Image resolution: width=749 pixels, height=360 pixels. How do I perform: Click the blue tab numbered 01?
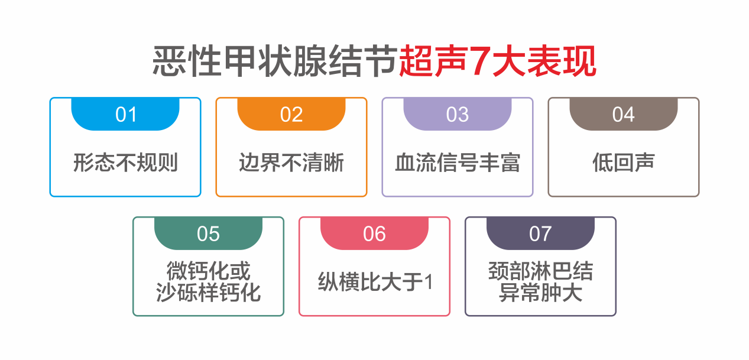point(125,114)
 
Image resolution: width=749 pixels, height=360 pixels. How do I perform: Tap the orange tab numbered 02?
point(291,114)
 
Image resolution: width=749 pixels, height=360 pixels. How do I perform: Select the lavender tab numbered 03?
point(458,114)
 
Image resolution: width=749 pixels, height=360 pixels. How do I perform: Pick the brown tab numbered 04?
point(624,114)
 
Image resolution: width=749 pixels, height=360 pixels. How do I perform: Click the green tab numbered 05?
point(208,233)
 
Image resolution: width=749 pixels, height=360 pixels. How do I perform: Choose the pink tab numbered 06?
point(375,233)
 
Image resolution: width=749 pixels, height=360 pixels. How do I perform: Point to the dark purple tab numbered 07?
point(540,233)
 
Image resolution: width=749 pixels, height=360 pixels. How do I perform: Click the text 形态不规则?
point(125,163)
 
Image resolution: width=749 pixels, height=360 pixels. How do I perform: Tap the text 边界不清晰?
point(291,163)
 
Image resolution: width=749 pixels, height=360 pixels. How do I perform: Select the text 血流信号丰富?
point(458,163)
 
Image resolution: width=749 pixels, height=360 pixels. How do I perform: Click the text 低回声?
point(624,163)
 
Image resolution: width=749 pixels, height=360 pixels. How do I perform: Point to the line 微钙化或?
point(208,271)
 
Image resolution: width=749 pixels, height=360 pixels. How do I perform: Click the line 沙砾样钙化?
point(208,293)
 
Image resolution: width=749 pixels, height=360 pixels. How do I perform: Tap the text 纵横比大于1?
point(375,281)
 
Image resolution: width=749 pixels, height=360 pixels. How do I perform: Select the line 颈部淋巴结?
point(540,271)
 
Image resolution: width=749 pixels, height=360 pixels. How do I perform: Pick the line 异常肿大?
point(540,293)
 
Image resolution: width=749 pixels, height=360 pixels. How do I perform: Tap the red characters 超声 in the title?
point(433,61)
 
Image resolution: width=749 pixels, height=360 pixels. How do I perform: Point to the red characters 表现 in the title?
point(562,61)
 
